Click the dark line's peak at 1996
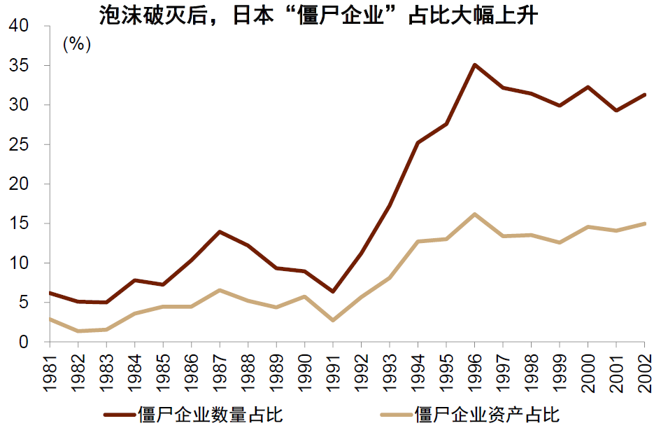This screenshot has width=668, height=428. (474, 65)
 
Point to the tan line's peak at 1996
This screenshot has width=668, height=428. (474, 214)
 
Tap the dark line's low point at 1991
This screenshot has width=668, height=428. (332, 291)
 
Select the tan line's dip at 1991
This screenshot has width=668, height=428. (332, 320)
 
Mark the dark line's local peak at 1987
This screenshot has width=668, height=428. (220, 231)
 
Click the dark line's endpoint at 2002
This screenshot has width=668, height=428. (644, 95)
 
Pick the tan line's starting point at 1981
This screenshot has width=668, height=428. (50, 319)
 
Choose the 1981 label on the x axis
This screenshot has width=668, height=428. (50, 366)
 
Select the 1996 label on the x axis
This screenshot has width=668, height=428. (474, 366)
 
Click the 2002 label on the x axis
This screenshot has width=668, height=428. (644, 366)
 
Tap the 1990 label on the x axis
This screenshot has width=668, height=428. (304, 366)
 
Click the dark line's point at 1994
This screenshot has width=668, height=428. (418, 143)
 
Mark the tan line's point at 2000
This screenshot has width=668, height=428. (588, 227)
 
